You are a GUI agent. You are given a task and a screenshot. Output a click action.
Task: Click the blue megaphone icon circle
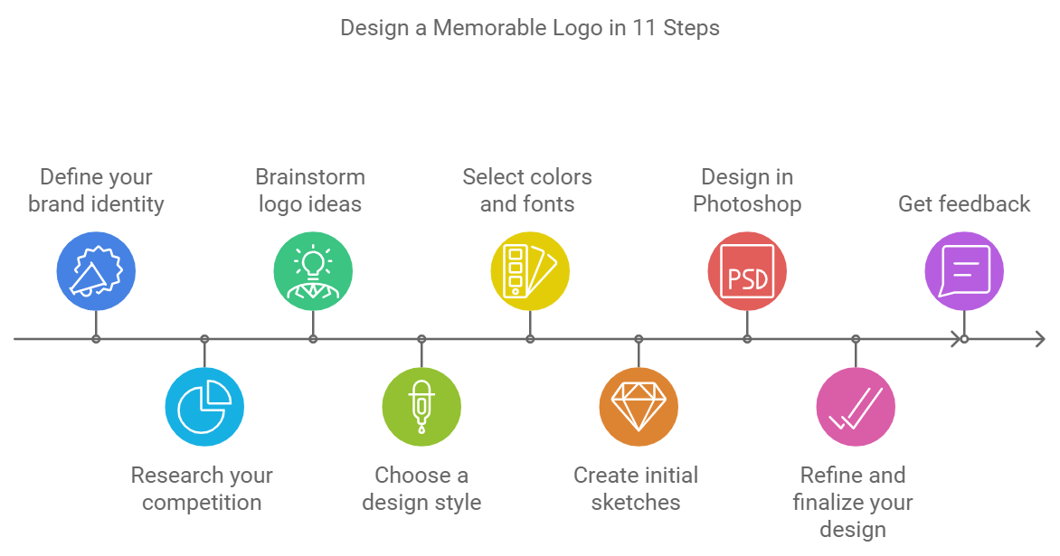[96, 271]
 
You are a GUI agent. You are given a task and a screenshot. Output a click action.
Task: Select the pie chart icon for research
[204, 407]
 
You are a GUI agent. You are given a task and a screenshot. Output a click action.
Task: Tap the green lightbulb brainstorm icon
[313, 271]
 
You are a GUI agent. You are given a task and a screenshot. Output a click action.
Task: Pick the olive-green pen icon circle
[421, 407]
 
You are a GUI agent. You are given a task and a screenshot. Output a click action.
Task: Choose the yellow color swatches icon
[530, 271]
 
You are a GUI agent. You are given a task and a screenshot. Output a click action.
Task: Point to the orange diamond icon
[639, 407]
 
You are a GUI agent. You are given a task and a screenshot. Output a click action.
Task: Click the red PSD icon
[747, 271]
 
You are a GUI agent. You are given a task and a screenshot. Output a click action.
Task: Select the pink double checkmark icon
[856, 407]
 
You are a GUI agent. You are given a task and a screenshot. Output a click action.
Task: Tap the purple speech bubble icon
[964, 271]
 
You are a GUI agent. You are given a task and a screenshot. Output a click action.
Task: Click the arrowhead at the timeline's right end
[1039, 339]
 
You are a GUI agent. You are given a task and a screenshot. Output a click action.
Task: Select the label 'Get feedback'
[964, 204]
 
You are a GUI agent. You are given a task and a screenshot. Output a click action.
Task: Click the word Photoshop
[747, 204]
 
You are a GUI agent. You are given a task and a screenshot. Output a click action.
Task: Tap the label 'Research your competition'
[202, 489]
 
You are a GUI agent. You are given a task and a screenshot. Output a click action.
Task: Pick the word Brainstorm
[310, 177]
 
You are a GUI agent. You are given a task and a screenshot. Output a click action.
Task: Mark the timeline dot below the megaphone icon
[96, 339]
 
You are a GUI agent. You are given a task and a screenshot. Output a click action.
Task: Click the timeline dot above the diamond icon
[639, 339]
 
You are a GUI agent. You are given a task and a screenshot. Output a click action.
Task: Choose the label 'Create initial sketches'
[636, 489]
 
